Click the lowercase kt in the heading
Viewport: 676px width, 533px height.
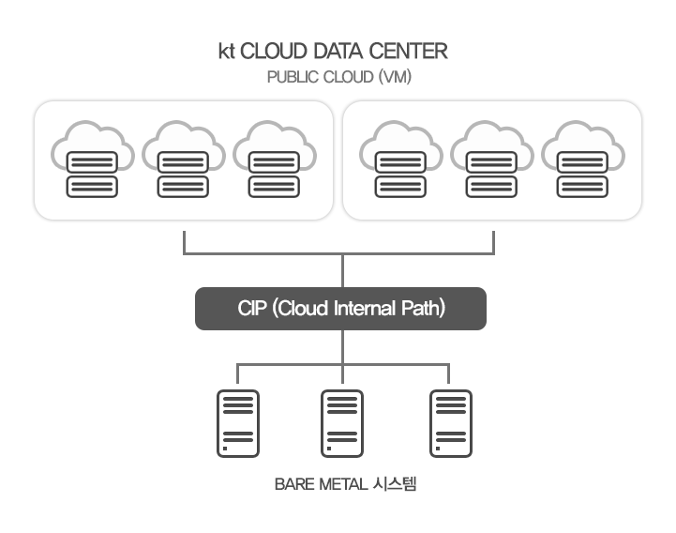pyautogui.click(x=226, y=52)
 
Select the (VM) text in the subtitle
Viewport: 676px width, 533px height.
pyautogui.click(x=395, y=77)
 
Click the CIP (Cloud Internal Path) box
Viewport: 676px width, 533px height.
pyautogui.click(x=340, y=309)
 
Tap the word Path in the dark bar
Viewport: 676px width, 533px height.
pyautogui.click(x=423, y=308)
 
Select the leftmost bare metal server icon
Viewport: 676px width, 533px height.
pyautogui.click(x=238, y=423)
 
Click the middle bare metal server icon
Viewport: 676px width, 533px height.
pyautogui.click(x=342, y=423)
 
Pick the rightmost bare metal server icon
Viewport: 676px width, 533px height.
pyautogui.click(x=451, y=423)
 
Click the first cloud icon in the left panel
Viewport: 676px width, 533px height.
pyautogui.click(x=92, y=159)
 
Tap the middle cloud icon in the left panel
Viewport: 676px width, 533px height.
pyautogui.click(x=183, y=159)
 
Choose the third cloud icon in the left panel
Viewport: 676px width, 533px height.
pyautogui.click(x=275, y=159)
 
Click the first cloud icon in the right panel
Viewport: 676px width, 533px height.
pyautogui.click(x=401, y=159)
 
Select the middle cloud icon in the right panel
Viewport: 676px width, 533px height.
pyautogui.click(x=492, y=159)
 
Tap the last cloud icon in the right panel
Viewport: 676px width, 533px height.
pyautogui.click(x=583, y=159)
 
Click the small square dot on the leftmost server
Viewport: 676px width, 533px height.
pyautogui.click(x=225, y=449)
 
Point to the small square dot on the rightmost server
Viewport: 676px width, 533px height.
pyautogui.click(x=438, y=449)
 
